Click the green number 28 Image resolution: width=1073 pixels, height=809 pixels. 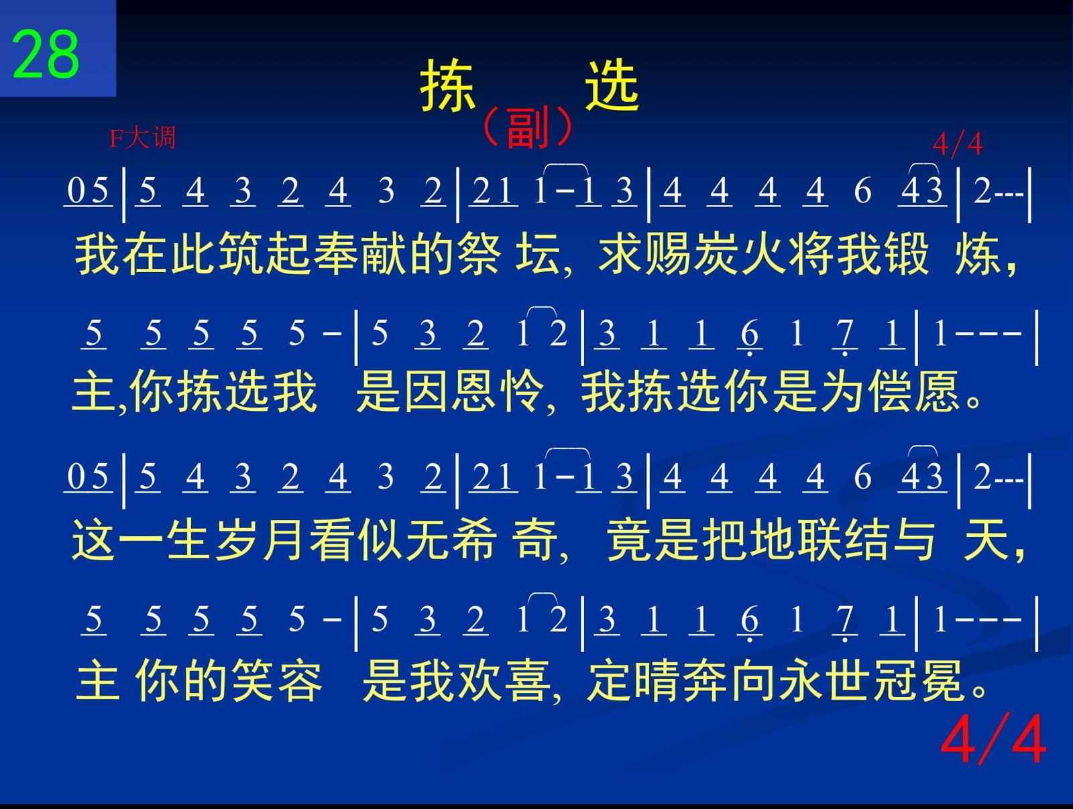click(46, 54)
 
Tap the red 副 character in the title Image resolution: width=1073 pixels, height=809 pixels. click(527, 128)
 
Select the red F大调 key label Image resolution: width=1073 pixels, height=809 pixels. click(142, 138)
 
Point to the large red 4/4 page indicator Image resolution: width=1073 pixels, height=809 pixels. click(993, 739)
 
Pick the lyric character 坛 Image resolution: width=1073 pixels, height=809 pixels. click(538, 254)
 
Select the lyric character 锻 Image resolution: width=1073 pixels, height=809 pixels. click(907, 254)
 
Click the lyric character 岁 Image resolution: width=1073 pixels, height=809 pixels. click(237, 540)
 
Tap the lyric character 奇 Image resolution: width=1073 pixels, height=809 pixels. click(534, 540)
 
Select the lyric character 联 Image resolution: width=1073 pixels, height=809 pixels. click(820, 540)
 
